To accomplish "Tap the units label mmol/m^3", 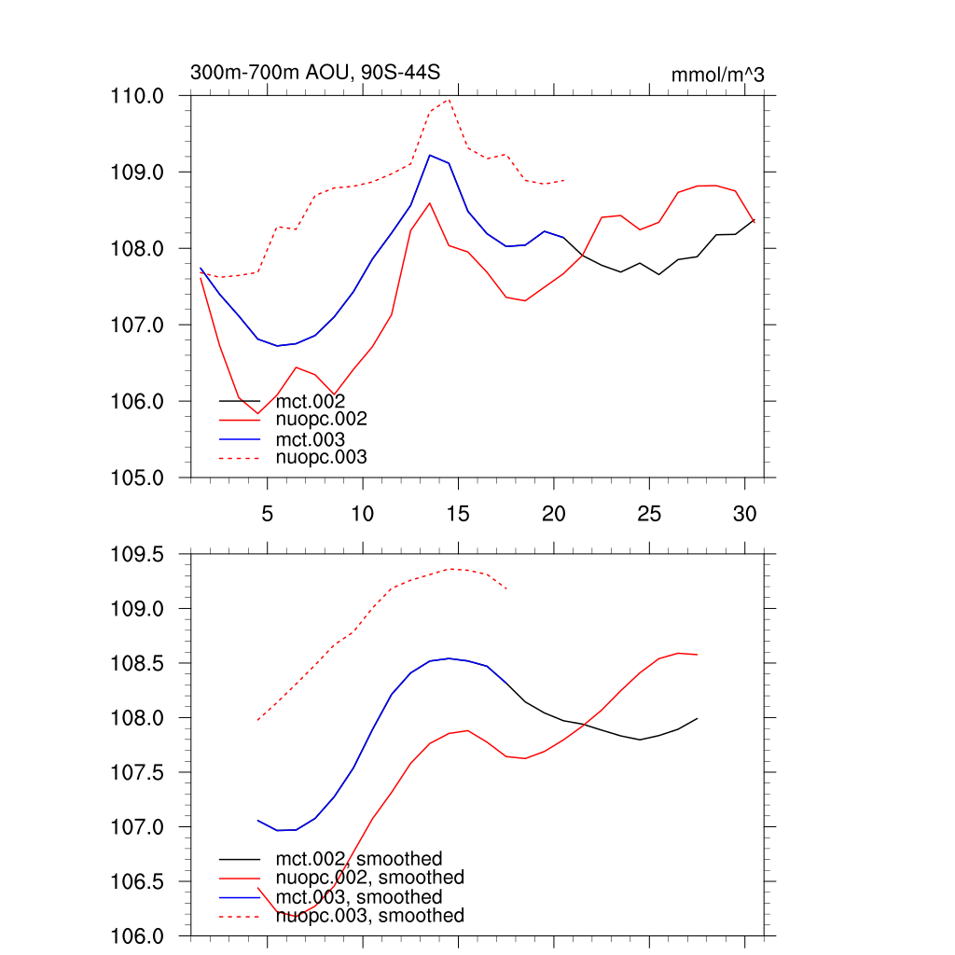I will (717, 74).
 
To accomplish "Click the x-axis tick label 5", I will (268, 513).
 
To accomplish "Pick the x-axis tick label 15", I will (458, 513).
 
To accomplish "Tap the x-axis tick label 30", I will (744, 513).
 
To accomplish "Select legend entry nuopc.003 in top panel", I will (322, 458).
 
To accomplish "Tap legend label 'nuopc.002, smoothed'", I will (370, 878).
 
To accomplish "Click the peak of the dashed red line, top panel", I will (449, 100).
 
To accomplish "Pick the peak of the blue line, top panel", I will (430, 155).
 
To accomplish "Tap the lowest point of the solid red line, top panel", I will (257, 413).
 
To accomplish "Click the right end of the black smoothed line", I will (698, 718).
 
